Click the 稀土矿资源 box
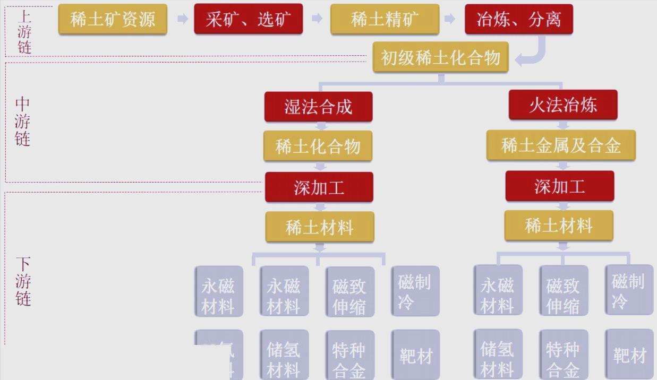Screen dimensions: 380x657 [113, 20]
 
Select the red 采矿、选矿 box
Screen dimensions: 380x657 [248, 20]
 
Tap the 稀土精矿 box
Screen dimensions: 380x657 [385, 20]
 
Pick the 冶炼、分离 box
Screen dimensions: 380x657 [518, 20]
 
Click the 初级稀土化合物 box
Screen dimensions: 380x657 [440, 57]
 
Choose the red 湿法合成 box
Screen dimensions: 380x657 [318, 107]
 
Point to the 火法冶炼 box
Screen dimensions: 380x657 [562, 105]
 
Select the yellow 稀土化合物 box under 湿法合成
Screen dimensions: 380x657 [318, 146]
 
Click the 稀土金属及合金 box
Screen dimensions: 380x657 [561, 145]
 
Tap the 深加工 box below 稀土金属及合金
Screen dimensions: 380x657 [559, 186]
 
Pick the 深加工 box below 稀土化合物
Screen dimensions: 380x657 [319, 187]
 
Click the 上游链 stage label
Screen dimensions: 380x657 [24, 30]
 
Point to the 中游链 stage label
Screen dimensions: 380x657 [22, 122]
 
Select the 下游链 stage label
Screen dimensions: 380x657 [23, 281]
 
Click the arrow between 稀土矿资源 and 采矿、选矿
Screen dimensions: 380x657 [182, 19]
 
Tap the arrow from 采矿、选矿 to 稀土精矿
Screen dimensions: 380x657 [317, 19]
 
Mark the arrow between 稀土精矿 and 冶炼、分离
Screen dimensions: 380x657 [449, 19]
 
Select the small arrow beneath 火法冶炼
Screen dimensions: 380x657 [563, 125]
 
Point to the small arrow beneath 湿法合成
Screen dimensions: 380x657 [320, 126]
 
